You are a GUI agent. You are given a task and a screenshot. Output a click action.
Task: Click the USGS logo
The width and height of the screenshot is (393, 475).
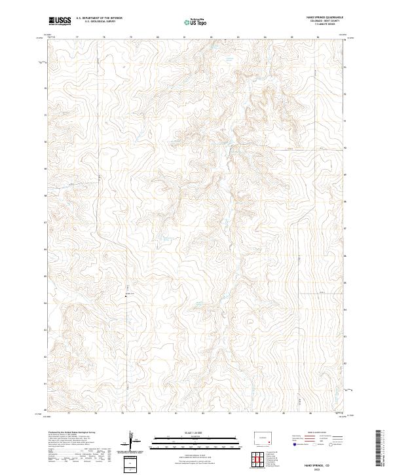[60, 21]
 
